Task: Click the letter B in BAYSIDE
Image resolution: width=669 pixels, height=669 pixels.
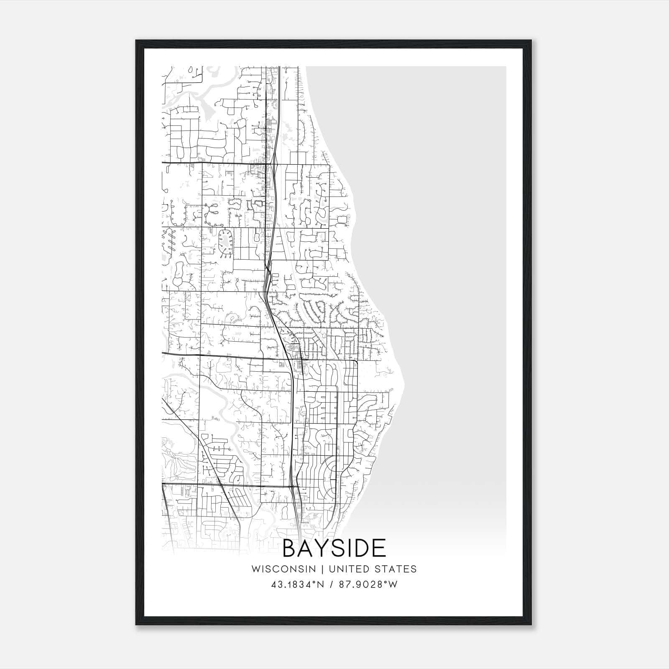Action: click(x=292, y=549)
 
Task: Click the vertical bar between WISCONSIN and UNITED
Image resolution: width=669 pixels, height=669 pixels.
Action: click(x=322, y=569)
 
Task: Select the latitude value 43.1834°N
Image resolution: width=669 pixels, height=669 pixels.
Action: click(x=297, y=585)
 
